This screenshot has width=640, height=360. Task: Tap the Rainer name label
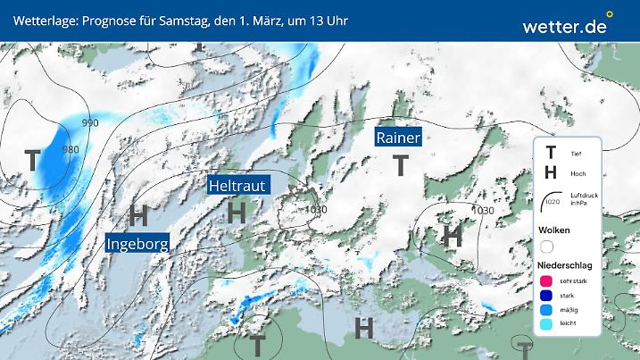(397, 138)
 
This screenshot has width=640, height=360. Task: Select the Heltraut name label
(237, 186)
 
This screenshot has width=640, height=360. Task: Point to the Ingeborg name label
(137, 244)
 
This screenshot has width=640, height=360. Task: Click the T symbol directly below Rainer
(401, 165)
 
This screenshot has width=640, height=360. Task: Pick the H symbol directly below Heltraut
(237, 213)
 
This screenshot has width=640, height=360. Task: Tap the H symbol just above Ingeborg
(137, 214)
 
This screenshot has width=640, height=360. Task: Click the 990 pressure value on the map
(90, 122)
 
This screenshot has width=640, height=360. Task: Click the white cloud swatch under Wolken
(547, 246)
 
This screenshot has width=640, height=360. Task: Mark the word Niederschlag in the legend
(564, 265)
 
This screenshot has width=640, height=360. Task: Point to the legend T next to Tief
(551, 154)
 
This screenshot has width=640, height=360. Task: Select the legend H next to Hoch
(551, 173)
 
